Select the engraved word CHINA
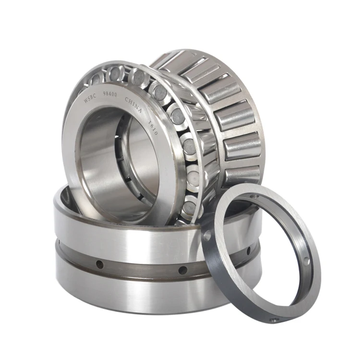pyautogui.click(x=134, y=105)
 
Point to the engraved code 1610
pyautogui.click(x=153, y=127)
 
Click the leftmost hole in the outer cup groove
pyautogui.click(x=100, y=264)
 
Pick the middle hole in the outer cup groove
pyautogui.click(x=183, y=270)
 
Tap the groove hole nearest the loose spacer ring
pyautogui.click(x=248, y=251)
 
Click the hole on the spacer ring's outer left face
pyautogui.click(x=207, y=236)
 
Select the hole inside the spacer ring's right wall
pyautogui.click(x=305, y=262)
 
